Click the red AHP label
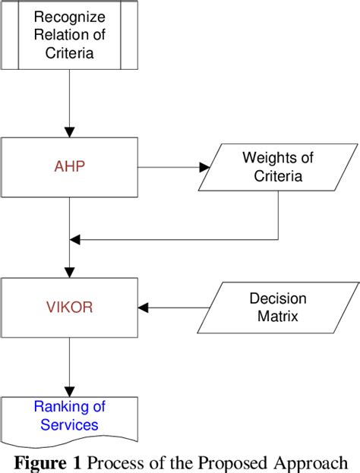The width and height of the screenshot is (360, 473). (x=69, y=167)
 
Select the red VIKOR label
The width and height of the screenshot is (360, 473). (x=69, y=308)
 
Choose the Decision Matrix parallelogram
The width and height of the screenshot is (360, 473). (x=277, y=308)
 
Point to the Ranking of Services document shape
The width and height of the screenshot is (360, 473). (x=69, y=418)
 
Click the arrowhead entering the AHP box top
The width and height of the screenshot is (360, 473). (x=69, y=131)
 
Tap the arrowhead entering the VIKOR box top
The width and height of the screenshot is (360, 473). (x=69, y=271)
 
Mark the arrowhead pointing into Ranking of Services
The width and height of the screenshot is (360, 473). (x=69, y=389)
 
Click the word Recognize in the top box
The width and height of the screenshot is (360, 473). (x=69, y=16)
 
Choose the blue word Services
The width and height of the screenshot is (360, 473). (x=69, y=426)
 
